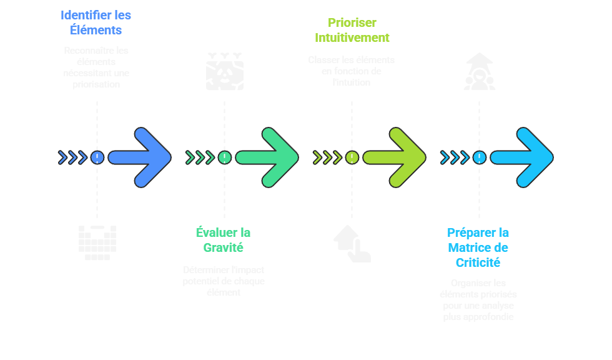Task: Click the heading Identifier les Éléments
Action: point(96,22)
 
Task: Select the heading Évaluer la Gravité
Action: point(223,240)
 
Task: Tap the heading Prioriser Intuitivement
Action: point(351,30)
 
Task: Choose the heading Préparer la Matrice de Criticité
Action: point(478,247)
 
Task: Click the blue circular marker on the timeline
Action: point(97,157)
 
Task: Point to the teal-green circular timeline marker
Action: point(224,157)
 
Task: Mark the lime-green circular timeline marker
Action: point(352,157)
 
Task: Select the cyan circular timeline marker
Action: point(479,157)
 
